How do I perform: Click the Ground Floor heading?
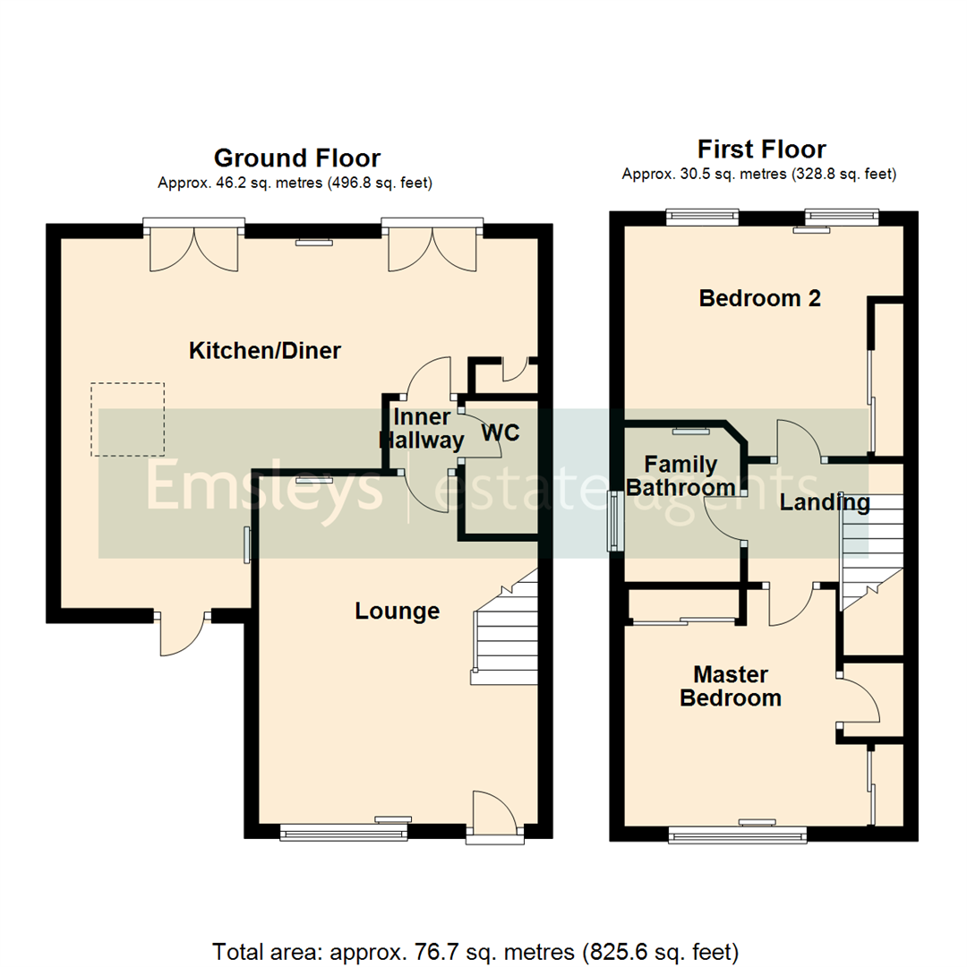point(296,158)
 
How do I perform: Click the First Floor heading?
point(761,149)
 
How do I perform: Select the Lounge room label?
point(397,612)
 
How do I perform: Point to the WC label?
point(501,432)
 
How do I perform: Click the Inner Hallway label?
point(422,429)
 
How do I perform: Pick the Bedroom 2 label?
point(759,299)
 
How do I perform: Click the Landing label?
point(824,503)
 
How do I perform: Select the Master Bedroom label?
point(730,686)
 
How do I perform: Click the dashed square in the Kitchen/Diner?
point(127,420)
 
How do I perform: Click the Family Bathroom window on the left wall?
point(613,520)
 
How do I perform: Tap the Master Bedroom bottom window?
point(738,834)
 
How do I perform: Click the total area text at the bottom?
point(475,950)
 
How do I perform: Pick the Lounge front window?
point(344,833)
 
